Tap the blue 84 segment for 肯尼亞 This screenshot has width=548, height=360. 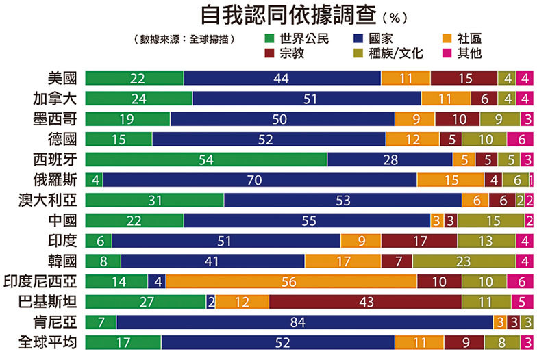pyautogui.click(x=304, y=322)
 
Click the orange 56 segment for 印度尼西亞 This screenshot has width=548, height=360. pyautogui.click(x=291, y=281)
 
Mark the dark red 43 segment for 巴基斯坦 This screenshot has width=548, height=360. pyautogui.click(x=365, y=302)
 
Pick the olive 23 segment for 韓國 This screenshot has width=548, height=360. pyautogui.click(x=464, y=261)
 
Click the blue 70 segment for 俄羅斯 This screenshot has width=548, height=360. pyautogui.click(x=260, y=180)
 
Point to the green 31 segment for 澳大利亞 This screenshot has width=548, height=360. pyautogui.click(x=154, y=200)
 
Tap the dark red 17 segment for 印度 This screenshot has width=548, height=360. pyautogui.click(x=419, y=241)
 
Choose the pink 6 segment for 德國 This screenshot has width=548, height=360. pyautogui.click(x=520, y=139)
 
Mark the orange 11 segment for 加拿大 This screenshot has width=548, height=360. pyautogui.click(x=446, y=99)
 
